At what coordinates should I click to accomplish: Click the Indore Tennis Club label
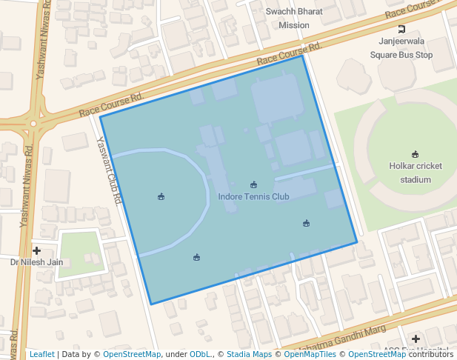[253, 197]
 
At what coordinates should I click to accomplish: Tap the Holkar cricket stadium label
[416, 173]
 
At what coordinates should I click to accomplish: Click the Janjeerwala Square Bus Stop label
[401, 48]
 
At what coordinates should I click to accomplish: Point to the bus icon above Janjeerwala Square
[401, 30]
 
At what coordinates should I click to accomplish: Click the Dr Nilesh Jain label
[36, 262]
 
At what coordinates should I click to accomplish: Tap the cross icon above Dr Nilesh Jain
[36, 250]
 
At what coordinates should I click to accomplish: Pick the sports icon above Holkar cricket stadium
[416, 154]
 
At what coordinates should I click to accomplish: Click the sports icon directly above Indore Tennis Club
[253, 184]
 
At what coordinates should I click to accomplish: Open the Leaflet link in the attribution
[41, 355]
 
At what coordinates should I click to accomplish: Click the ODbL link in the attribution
[200, 355]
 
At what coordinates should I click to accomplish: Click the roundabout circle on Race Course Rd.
[33, 123]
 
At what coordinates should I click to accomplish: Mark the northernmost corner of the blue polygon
[304, 56]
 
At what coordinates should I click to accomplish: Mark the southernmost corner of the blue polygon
[151, 304]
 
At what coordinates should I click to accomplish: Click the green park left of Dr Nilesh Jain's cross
[79, 253]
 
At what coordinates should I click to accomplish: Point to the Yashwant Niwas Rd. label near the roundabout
[29, 178]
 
